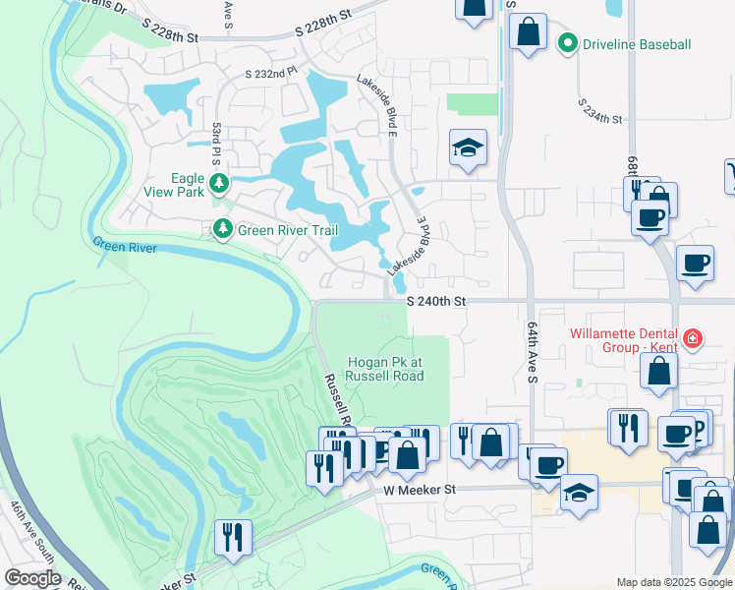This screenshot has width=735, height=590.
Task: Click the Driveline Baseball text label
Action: click(638, 44)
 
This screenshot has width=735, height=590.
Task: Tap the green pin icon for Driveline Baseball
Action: click(567, 43)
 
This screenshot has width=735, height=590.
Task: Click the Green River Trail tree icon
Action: click(223, 229)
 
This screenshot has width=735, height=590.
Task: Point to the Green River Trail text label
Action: click(288, 231)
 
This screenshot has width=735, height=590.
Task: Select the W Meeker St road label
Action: click(421, 489)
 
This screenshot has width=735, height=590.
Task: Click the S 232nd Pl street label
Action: click(270, 73)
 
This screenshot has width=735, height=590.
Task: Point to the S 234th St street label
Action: click(600, 111)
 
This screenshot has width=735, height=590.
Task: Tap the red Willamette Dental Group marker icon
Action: click(693, 339)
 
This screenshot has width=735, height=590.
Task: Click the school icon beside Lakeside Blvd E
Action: click(468, 148)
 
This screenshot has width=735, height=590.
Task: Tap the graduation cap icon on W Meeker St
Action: click(580, 492)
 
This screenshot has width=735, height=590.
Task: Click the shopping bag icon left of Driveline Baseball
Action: click(529, 29)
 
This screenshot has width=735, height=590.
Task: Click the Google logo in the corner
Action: click(31, 577)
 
